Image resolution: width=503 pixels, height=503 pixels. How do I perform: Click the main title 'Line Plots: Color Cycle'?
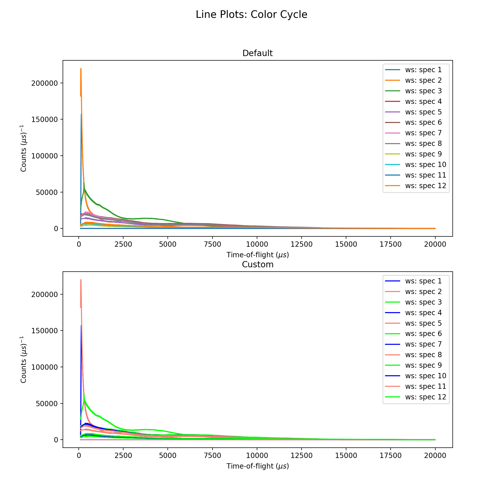(251, 15)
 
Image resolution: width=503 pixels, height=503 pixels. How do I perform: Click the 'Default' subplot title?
(258, 53)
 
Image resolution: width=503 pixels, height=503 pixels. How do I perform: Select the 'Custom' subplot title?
(258, 265)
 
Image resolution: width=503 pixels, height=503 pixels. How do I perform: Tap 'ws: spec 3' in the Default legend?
(423, 91)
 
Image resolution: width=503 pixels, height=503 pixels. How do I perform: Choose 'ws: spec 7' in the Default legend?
(423, 133)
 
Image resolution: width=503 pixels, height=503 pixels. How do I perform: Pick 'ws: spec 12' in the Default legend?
(426, 186)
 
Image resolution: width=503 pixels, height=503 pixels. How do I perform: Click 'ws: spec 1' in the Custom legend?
(423, 281)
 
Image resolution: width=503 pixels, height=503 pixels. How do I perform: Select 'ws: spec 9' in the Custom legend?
(423, 365)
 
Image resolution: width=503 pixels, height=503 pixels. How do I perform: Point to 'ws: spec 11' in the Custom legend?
(426, 386)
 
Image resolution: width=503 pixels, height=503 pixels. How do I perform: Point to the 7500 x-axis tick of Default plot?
(213, 244)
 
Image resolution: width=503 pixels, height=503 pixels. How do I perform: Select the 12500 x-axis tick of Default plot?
(301, 244)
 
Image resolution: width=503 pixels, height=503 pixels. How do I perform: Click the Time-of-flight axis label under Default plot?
(258, 255)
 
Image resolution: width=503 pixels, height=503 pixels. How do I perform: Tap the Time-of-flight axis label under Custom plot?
(258, 466)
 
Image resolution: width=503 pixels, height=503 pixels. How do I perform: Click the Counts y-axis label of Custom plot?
(24, 360)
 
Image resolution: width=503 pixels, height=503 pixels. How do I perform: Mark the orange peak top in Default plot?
(81, 69)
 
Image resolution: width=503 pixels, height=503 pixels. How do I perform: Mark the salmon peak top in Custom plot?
(81, 280)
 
